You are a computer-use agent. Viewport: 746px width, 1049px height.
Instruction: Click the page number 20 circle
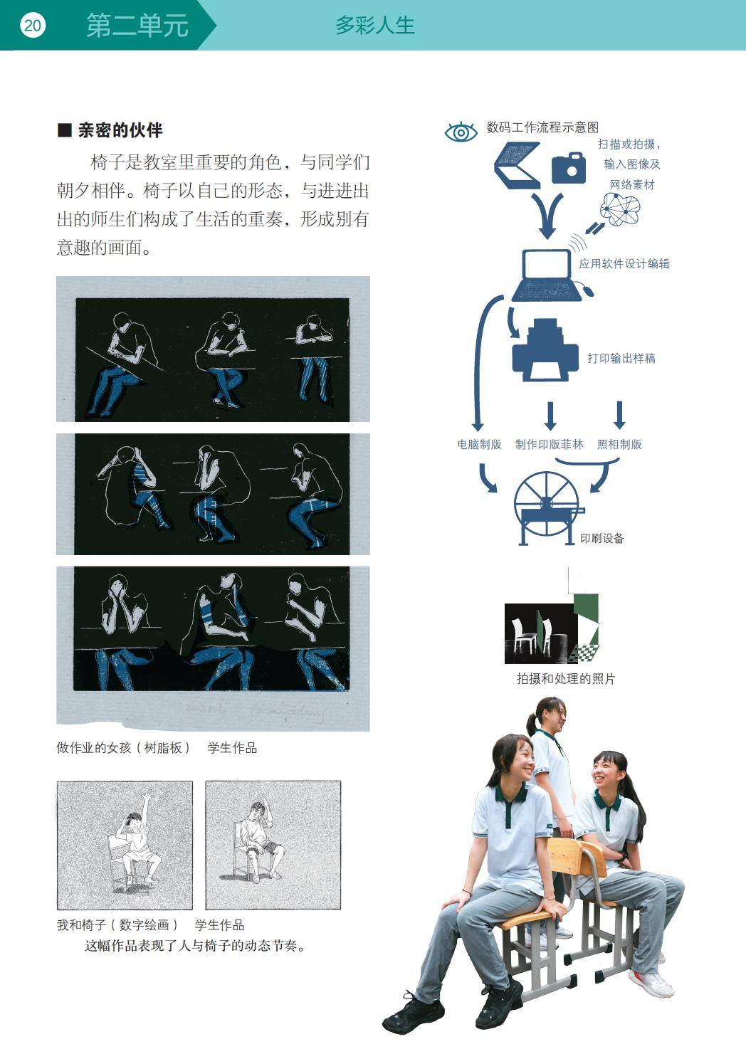click(x=33, y=25)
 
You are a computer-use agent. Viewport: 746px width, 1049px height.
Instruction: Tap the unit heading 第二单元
click(x=137, y=26)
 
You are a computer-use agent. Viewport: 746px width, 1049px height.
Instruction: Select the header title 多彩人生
click(x=375, y=26)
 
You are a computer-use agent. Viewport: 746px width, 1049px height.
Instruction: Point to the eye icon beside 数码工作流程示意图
click(x=461, y=132)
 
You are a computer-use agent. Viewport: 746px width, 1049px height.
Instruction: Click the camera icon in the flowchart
click(x=569, y=168)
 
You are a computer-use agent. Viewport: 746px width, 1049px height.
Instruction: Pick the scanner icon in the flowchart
click(x=518, y=166)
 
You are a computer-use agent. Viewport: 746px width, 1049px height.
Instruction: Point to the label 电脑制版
click(x=479, y=444)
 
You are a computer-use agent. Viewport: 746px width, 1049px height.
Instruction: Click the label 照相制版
click(x=619, y=444)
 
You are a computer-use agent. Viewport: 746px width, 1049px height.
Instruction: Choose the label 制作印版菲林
click(x=549, y=444)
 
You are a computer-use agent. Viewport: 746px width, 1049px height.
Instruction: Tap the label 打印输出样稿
click(x=621, y=358)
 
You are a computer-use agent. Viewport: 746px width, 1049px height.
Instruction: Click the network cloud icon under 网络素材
click(x=620, y=209)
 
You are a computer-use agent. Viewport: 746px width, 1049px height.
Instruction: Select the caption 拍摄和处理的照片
click(x=565, y=678)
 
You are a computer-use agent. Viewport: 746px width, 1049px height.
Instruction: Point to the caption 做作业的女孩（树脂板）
click(x=123, y=748)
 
